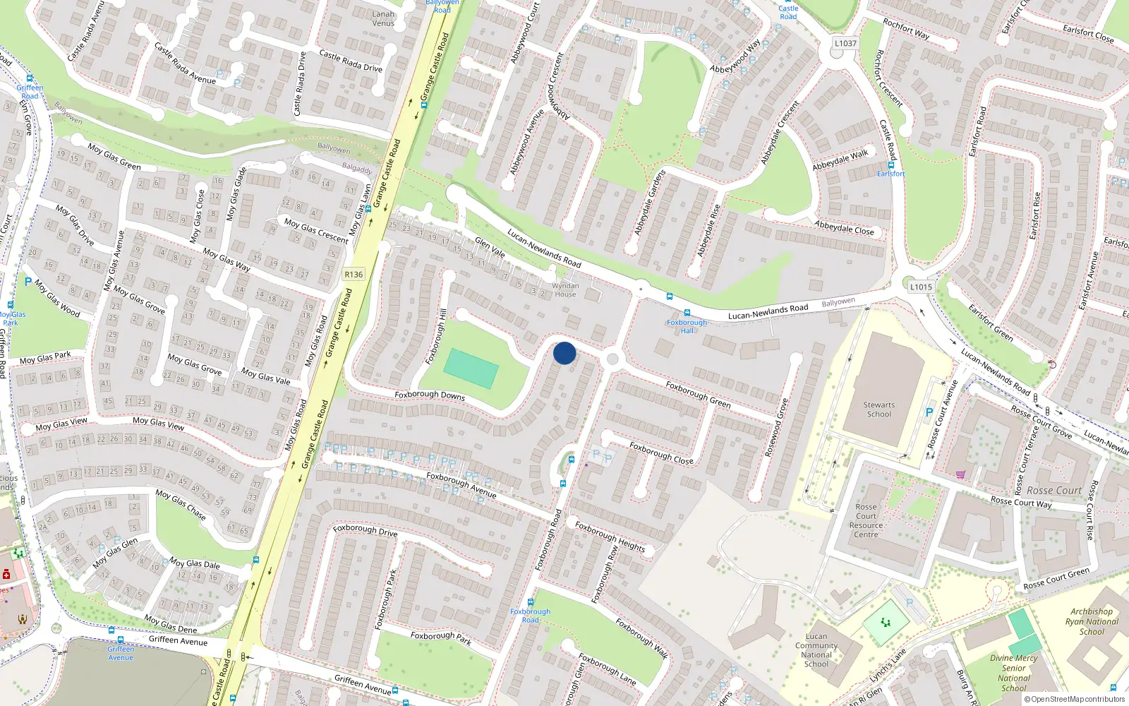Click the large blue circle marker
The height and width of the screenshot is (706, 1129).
coord(564,353)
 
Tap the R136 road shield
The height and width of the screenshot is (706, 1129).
coord(354,275)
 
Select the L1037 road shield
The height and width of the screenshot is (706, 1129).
coord(845,43)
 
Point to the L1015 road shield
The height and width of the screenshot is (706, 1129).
coord(921,287)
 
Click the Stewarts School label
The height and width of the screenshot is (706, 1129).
coord(879,409)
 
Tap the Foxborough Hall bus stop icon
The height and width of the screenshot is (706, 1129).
coord(687,313)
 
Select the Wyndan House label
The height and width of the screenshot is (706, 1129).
coord(565,290)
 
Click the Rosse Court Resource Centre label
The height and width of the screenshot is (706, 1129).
coord(867,520)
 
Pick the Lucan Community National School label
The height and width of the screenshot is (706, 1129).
coord(816,650)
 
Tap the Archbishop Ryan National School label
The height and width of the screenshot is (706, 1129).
coord(1092,621)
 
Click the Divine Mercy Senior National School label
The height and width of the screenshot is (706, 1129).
coord(1013,673)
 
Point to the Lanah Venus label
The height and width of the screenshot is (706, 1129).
coord(383,18)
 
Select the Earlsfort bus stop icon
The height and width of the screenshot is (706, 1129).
coord(890,165)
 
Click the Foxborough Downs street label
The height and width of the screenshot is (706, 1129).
coord(430,395)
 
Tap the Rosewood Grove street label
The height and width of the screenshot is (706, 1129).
coord(776,427)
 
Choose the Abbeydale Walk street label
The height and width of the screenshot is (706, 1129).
coord(840,160)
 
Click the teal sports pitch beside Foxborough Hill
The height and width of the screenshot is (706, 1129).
coord(471,368)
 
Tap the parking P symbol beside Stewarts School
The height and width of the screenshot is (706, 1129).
coord(929,412)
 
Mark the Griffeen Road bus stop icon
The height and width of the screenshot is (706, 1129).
coord(30,78)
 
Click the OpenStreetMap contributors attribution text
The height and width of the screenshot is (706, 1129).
coord(1077,699)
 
